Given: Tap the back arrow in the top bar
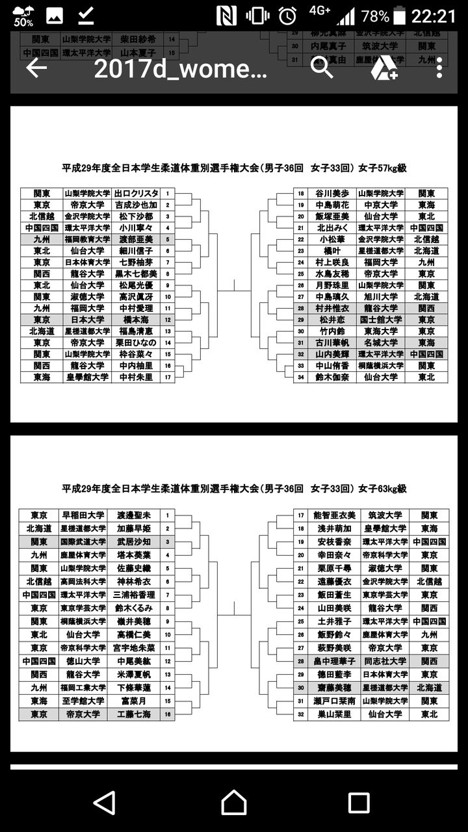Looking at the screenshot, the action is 36,68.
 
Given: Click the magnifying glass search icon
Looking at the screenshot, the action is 322,68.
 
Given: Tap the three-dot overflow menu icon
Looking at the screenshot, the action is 439,68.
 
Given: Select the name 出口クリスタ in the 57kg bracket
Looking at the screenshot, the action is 136,194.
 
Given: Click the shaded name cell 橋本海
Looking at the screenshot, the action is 136,320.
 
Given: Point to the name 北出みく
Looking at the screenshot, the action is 332,227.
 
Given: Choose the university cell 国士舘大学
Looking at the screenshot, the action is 380,320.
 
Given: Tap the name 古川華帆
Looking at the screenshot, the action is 332,343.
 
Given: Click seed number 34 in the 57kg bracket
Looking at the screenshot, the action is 301,377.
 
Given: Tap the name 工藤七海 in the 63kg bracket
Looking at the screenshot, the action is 133,714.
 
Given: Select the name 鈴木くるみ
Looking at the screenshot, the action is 133,608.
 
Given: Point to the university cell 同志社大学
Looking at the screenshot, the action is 384,661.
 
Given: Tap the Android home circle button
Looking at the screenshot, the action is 234,803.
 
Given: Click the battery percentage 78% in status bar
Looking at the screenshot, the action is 375,16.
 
